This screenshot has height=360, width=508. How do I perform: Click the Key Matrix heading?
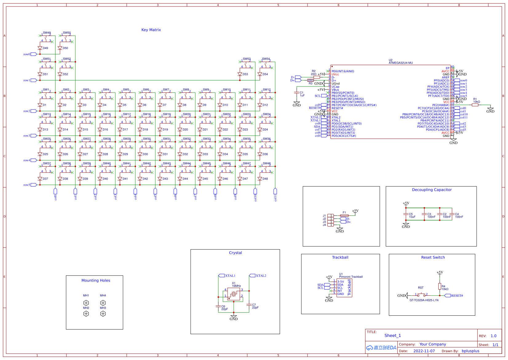coord(151,30)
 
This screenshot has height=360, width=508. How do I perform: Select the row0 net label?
coord(27,54)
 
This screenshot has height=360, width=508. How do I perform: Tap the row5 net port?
coord(34,185)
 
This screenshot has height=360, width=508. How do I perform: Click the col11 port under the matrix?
coord(275,191)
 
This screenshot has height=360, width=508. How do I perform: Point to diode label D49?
coord(45,48)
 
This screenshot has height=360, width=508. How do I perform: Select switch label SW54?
coord(266,59)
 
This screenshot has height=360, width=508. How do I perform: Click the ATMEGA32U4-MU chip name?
coord(400,63)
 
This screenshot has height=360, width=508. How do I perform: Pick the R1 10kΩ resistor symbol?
coord(475,105)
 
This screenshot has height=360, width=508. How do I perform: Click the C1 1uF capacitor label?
coord(302,94)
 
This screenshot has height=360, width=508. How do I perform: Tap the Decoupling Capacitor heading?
coord(432,190)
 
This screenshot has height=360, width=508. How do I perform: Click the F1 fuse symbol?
coord(344,216)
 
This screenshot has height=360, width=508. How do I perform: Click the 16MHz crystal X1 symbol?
coord(234,295)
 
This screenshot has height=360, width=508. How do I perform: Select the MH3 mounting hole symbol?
coord(103,314)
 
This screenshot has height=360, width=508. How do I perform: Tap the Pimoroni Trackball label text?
coord(351,277)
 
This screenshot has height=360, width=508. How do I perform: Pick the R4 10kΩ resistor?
coord(440,287)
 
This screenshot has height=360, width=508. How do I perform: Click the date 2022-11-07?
coord(424,351)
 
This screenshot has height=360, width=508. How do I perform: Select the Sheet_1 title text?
coord(392,336)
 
